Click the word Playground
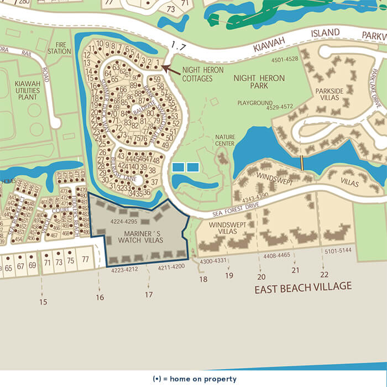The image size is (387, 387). (x=255, y=103)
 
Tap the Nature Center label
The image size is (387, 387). (x=225, y=140)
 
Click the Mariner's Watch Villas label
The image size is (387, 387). (x=141, y=237)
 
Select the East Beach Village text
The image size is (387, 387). (x=302, y=287)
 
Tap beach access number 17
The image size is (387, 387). (x=148, y=295)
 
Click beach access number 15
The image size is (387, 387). (x=43, y=302)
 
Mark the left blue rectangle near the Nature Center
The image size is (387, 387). (x=178, y=167)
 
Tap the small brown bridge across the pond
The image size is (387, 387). (x=302, y=163)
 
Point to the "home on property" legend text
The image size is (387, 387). (x=193, y=379)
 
